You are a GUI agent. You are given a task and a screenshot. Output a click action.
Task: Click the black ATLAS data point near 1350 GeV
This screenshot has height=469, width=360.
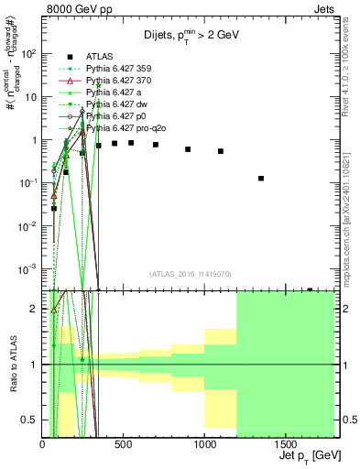[261, 179]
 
